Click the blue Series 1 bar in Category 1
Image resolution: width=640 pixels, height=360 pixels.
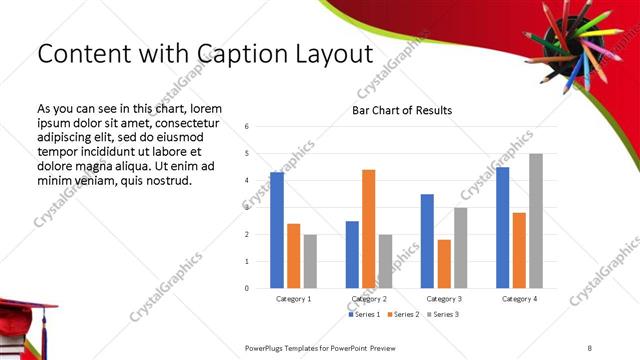(277, 230)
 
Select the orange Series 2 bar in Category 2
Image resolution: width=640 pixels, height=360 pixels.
(368, 229)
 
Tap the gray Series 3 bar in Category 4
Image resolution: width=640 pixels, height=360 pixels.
(536, 221)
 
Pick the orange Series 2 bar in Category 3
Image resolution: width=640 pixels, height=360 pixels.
(444, 264)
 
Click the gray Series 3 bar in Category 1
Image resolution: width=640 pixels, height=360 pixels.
(310, 261)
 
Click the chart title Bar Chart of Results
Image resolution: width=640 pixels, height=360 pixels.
(402, 110)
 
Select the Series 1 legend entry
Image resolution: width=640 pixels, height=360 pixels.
(362, 315)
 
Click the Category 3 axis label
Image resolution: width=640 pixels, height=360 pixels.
(444, 299)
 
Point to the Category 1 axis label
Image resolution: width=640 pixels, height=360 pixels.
(294, 299)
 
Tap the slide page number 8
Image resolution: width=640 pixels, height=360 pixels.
(590, 347)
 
